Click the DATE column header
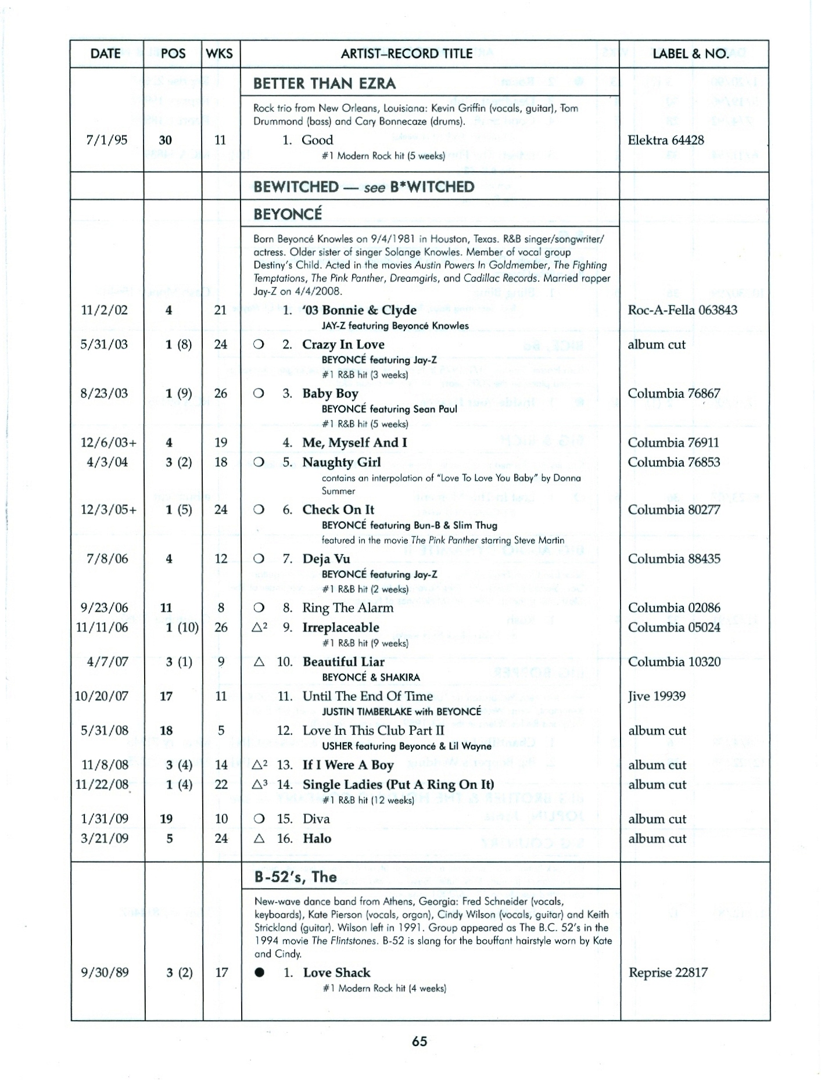coord(105,54)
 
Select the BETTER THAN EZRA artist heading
coord(324,84)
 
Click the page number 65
coord(420,1042)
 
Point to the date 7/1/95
coord(106,140)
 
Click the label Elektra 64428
coord(665,140)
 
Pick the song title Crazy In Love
coord(343,344)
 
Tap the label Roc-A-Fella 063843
coord(682,310)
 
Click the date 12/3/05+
coord(109,510)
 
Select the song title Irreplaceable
coord(340,627)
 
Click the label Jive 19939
coord(657,696)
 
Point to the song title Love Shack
coord(336,973)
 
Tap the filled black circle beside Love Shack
coord(260,973)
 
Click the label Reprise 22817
coord(668,973)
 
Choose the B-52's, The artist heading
coord(295,877)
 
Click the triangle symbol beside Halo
coord(259,839)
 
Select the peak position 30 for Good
coord(166,140)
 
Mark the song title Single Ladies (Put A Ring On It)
coord(398,785)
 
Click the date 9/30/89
coord(105,973)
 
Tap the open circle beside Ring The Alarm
coord(259,608)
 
